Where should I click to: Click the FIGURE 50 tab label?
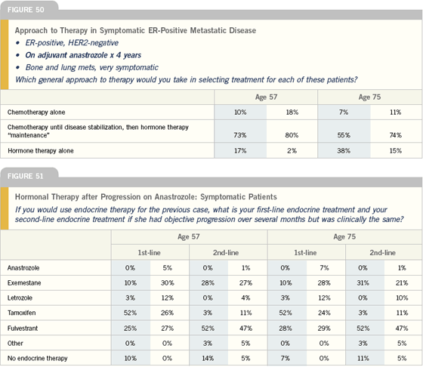pos(26,10)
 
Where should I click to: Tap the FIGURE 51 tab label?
pos(26,177)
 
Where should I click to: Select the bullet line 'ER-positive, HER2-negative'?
pos(72,43)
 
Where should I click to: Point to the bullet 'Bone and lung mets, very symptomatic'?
pos(91,67)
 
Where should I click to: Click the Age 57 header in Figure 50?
pos(266,97)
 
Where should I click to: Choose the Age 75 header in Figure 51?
pos(344,237)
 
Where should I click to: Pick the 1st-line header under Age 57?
pos(150,253)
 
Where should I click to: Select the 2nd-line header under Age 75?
pos(382,253)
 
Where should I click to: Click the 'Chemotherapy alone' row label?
pos(36,113)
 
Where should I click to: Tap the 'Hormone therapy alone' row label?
pos(41,151)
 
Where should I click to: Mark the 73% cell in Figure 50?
pos(240,135)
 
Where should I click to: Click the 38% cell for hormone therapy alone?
pos(344,151)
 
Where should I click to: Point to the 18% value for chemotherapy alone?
pos(292,113)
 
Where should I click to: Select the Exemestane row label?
pos(24,283)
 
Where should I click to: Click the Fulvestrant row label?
pos(23,328)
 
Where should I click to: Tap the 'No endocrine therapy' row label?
pos(38,359)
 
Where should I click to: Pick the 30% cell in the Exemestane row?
pos(167,283)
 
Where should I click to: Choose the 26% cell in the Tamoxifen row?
pos(167,313)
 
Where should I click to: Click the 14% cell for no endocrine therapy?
pos(208,359)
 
